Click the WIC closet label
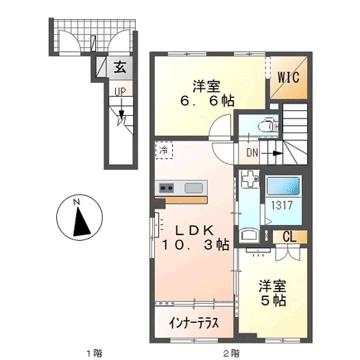[288, 78]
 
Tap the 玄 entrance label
[120, 67]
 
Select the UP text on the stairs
[120, 92]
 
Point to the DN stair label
[252, 153]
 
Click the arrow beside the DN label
[271, 153]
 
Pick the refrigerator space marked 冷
[164, 151]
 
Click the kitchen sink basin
[194, 188]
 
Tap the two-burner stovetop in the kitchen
[166, 188]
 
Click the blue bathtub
[283, 186]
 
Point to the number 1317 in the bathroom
[281, 205]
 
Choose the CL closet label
[290, 237]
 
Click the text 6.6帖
[207, 101]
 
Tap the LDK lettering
[195, 230]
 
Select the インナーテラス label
[194, 323]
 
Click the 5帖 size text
[273, 300]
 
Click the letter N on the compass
[76, 202]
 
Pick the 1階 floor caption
[94, 353]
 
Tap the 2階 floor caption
[232, 353]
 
